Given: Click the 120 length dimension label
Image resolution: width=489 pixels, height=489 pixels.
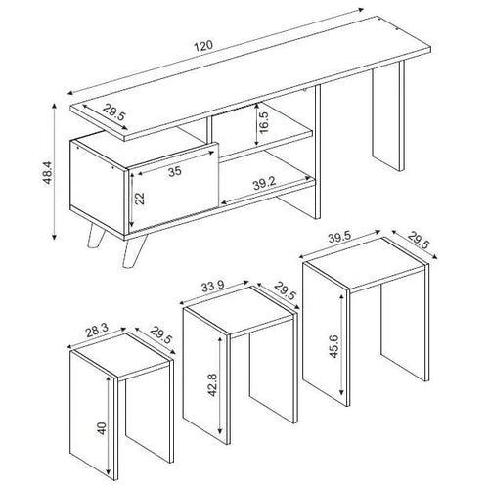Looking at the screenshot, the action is [203, 46].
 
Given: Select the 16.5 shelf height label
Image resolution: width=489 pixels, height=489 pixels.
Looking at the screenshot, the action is [263, 122].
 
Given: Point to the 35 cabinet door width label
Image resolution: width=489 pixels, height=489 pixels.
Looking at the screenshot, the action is [175, 171].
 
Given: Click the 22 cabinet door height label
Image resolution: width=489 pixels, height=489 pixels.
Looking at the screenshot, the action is [140, 199].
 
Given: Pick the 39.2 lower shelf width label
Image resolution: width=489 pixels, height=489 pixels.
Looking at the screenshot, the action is [264, 185].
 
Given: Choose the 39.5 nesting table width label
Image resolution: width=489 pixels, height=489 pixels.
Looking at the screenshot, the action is [339, 238].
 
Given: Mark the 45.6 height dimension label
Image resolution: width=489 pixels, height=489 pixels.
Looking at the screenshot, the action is [334, 346].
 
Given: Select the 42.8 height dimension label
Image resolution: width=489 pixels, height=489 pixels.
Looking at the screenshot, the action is [212, 385].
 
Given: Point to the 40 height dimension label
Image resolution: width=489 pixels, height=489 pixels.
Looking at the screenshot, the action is [102, 428].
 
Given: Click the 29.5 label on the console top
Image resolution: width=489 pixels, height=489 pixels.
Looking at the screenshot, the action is [114, 111].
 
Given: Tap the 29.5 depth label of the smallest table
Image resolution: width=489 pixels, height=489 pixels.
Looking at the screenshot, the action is [160, 335].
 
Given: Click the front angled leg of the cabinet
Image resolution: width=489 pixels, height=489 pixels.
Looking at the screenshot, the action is [134, 251].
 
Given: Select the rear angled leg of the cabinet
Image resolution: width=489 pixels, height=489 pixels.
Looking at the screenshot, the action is [96, 236].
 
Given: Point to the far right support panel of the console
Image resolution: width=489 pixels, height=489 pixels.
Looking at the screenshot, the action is [388, 115].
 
